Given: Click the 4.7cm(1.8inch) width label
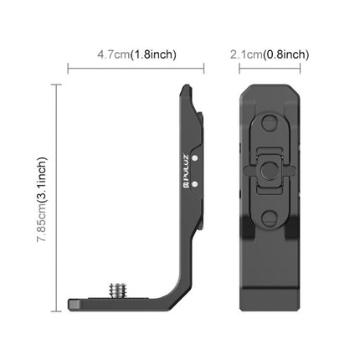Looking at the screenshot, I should [x=135, y=54].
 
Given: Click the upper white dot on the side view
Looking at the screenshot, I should [x=193, y=155].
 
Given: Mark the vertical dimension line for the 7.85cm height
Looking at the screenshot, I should [x=58, y=193].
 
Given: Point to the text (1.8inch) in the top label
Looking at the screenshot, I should [x=156, y=54].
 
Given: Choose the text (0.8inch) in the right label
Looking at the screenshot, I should [x=287, y=54].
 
